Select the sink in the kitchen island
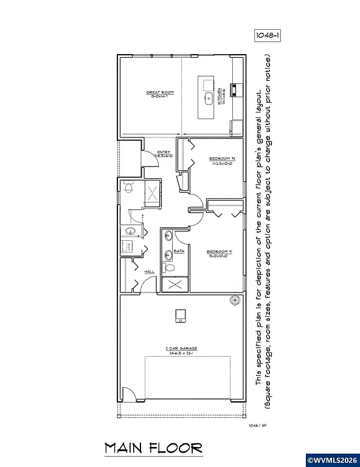point(207,97)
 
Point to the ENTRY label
point(164,153)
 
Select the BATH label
point(179,251)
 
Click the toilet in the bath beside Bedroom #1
point(170,268)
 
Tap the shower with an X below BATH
point(175,284)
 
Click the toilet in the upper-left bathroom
point(128,189)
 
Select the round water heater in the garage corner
point(234,301)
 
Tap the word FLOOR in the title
point(178,449)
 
